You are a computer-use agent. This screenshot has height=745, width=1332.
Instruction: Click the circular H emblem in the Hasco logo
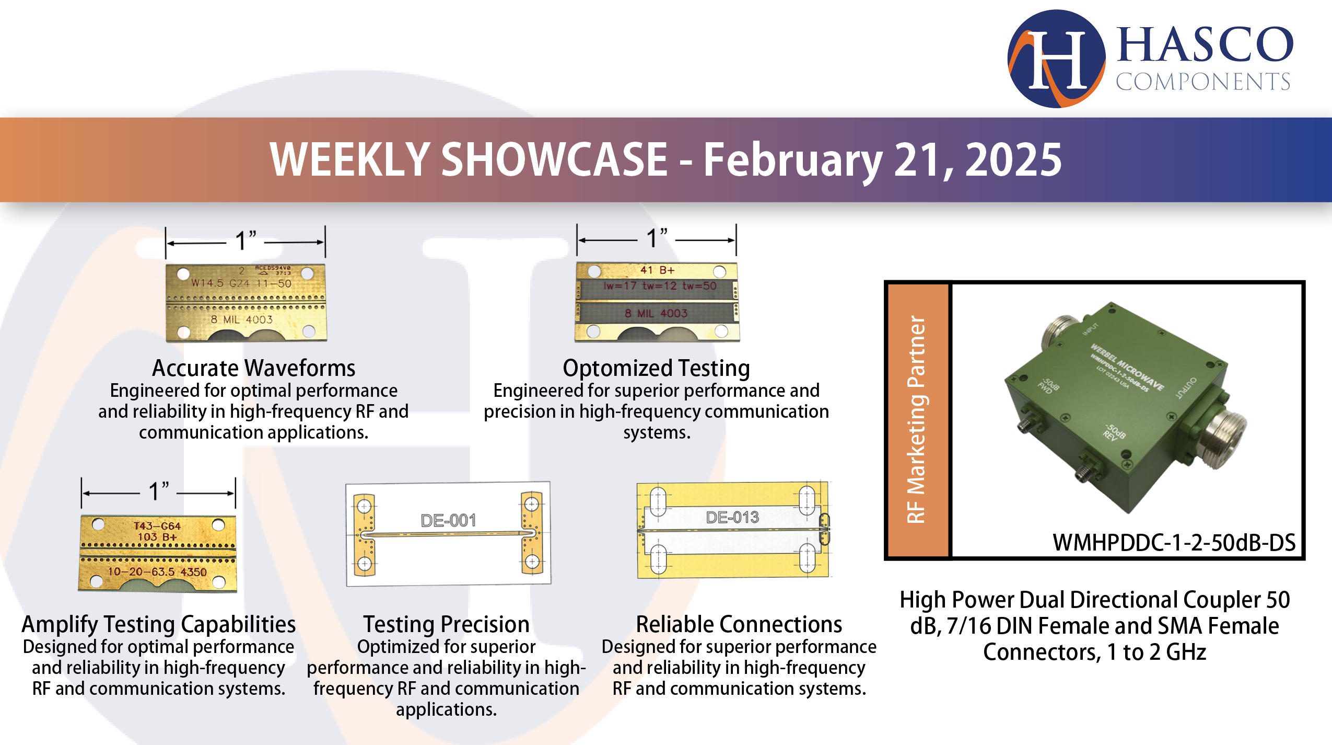[x=1056, y=59]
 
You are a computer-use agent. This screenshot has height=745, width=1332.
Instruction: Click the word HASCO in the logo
[x=1205, y=45]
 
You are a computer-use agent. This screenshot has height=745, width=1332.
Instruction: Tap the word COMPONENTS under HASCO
[x=1202, y=82]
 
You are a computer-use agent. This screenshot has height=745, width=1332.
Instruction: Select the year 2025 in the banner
[x=1013, y=160]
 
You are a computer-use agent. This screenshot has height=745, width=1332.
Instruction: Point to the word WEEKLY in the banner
[x=349, y=160]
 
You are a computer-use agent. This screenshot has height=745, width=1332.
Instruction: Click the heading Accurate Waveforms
[x=253, y=368]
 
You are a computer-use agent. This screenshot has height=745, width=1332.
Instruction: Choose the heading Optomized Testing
[x=656, y=368]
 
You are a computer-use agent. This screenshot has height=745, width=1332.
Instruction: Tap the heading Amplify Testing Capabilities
[x=158, y=624]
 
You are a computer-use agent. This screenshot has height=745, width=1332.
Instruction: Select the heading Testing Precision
[x=446, y=624]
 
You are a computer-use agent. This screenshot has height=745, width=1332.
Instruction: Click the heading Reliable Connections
[x=739, y=624]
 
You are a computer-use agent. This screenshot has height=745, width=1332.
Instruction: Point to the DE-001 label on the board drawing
[x=448, y=520]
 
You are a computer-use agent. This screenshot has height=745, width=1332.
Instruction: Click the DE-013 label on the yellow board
[x=732, y=517]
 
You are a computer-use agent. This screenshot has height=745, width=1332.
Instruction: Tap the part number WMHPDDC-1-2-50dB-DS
[x=1173, y=543]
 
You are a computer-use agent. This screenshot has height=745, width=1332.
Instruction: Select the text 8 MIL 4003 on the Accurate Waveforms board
[x=242, y=319]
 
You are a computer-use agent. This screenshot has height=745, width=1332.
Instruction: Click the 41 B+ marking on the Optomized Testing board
[x=657, y=270]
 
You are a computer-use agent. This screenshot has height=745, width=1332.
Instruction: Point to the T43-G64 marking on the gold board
[x=157, y=525]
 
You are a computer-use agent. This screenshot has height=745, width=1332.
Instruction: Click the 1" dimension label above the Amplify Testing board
[x=158, y=491]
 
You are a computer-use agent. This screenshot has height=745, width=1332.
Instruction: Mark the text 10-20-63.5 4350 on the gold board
[x=157, y=572]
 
